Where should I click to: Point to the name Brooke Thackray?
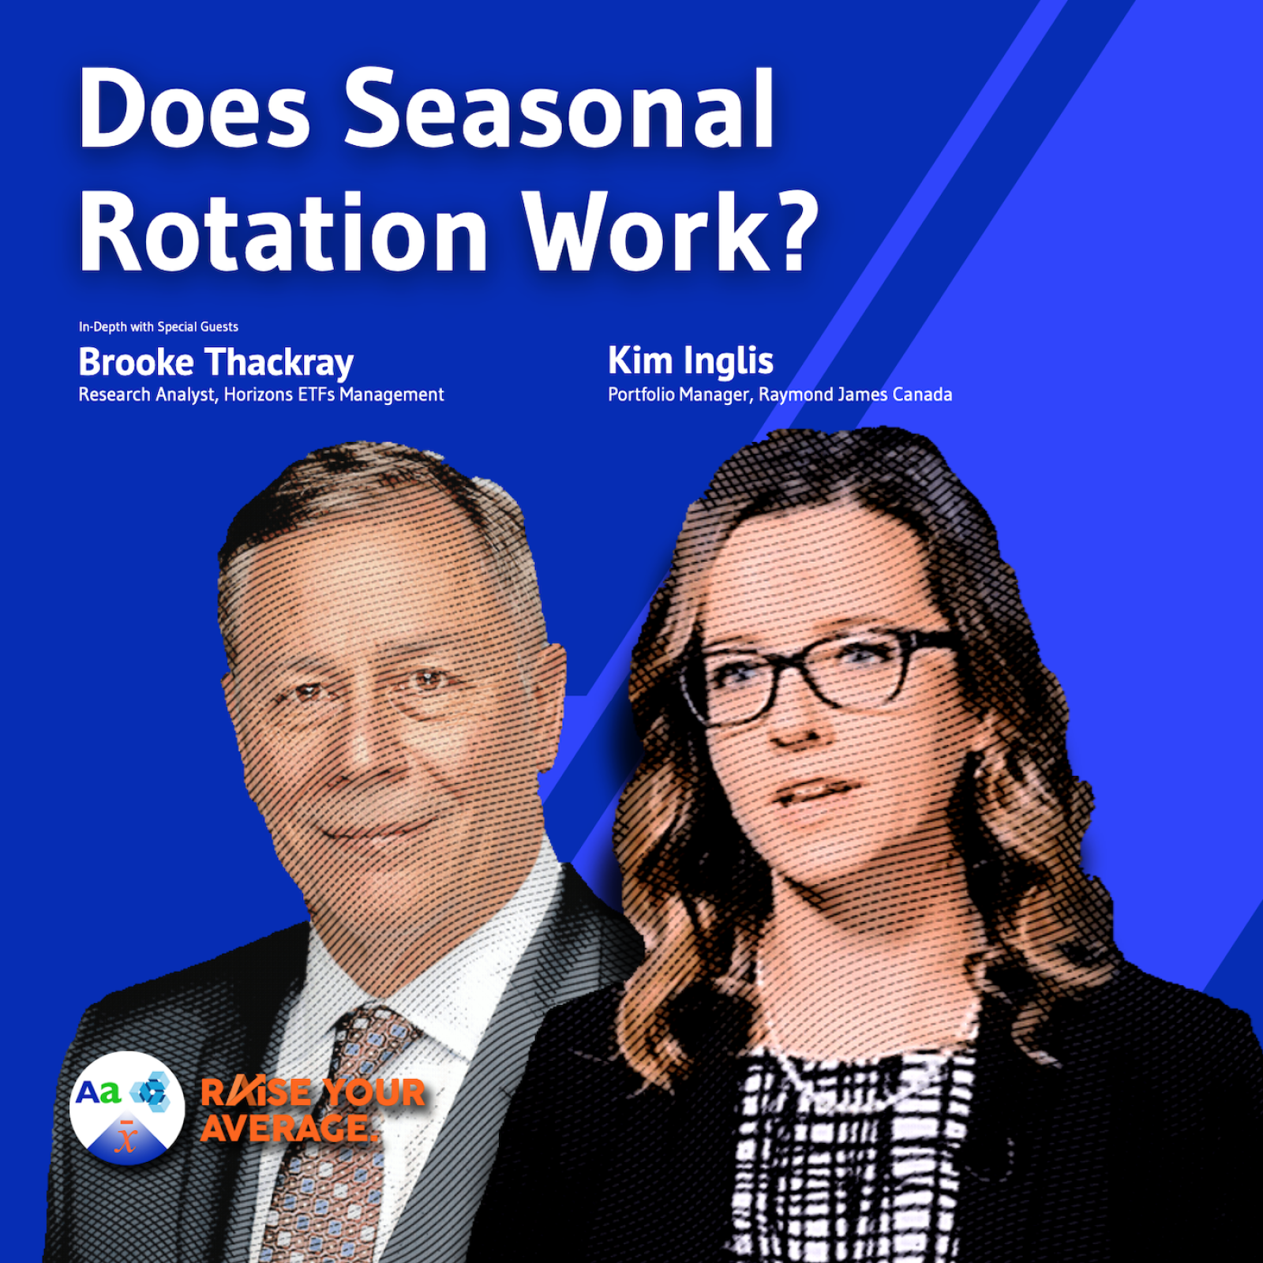pyautogui.click(x=215, y=363)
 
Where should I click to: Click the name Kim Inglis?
pyautogui.click(x=691, y=362)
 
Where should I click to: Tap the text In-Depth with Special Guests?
pyautogui.click(x=158, y=327)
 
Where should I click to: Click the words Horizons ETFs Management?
pyautogui.click(x=334, y=394)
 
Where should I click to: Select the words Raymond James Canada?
pyautogui.click(x=856, y=394)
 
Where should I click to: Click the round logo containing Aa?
pyautogui.click(x=127, y=1108)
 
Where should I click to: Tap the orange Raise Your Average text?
pyautogui.click(x=313, y=1110)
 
